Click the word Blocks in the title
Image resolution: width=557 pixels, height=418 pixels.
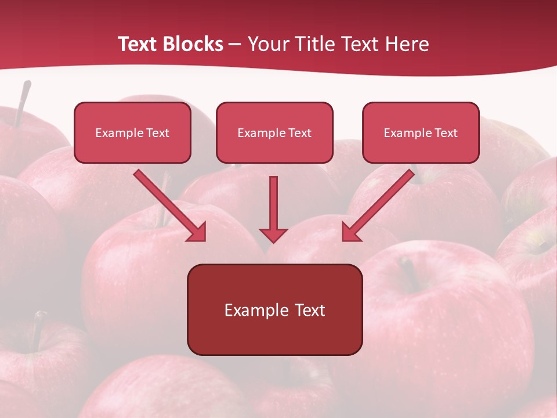pos(194,44)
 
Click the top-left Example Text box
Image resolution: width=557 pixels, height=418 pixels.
pos(132,132)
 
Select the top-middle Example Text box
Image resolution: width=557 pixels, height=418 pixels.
pos(274,132)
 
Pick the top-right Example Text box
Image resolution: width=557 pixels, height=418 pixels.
pos(421,132)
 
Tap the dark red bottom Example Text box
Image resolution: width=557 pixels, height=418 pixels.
pos(274,309)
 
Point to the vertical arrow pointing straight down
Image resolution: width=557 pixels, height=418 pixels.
pos(273,203)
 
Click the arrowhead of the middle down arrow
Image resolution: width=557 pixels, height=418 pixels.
pos(273,235)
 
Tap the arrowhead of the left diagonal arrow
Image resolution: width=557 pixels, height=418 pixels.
pos(197,232)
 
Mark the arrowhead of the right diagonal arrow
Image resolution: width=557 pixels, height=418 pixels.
pos(350,232)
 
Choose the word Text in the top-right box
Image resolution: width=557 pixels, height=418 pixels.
pos(446,133)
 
